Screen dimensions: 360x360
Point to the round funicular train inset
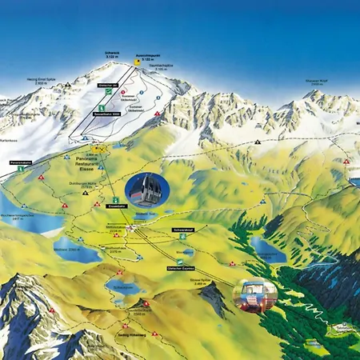tap(254, 295)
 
